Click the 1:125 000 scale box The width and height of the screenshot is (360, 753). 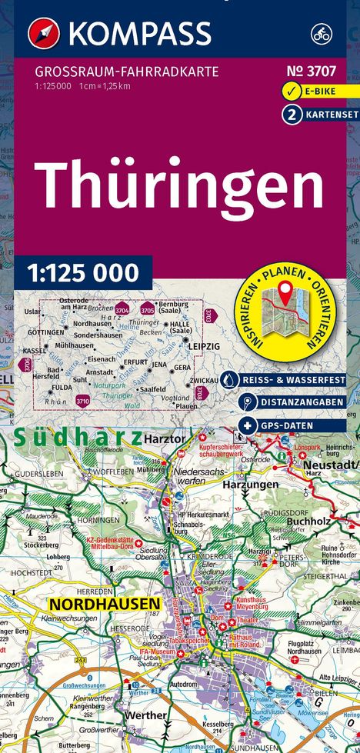(x=84, y=272)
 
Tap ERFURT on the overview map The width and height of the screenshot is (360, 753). (x=135, y=362)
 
